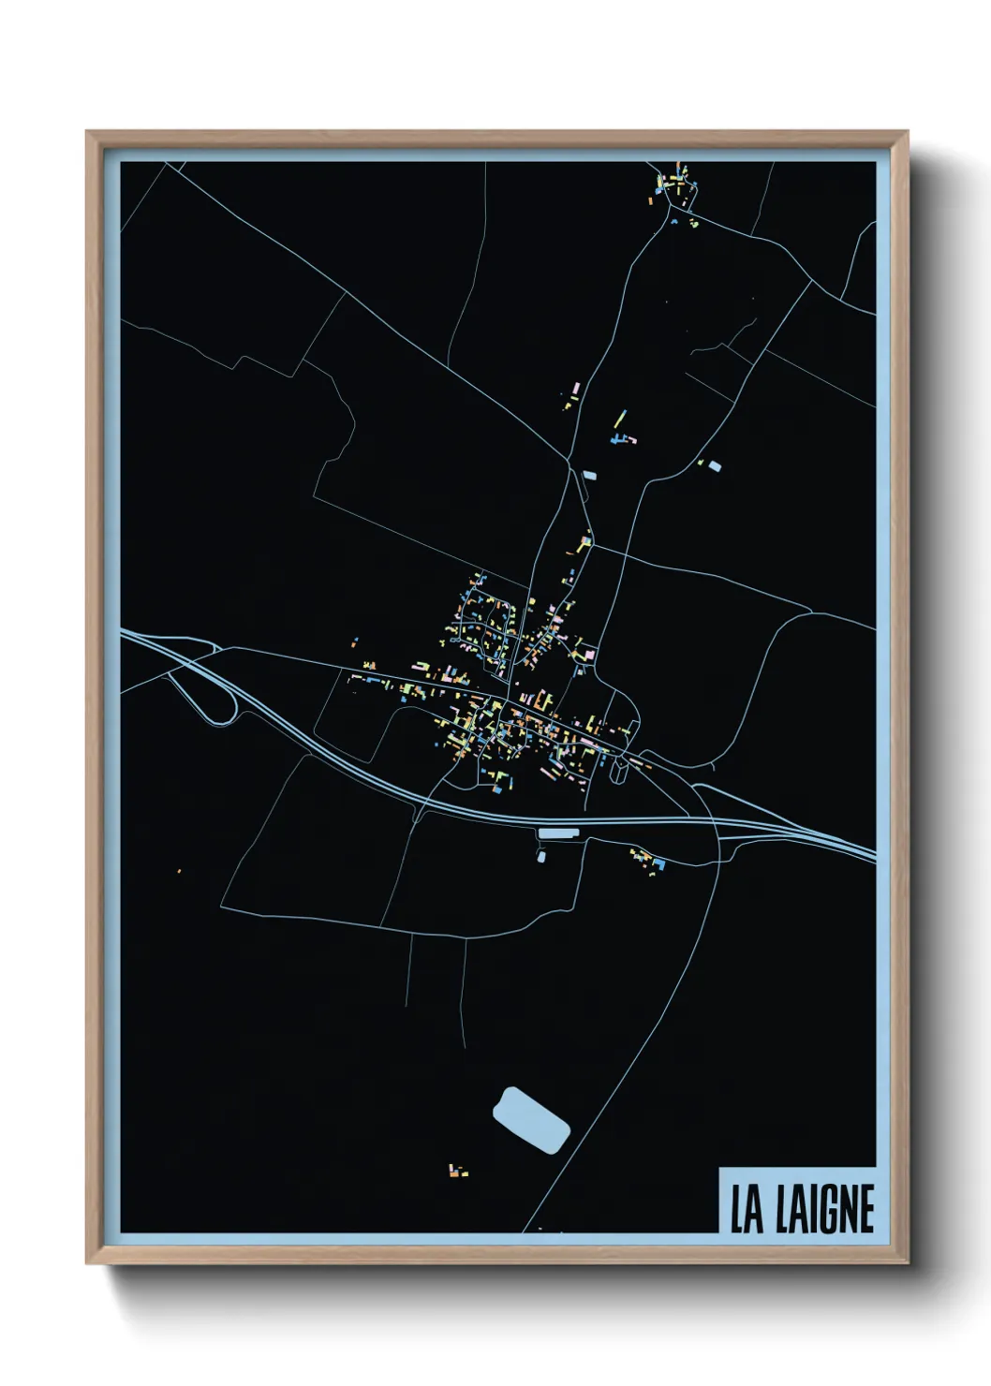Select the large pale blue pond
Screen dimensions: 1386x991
click(x=531, y=1119)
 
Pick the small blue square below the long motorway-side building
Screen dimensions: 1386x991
click(x=541, y=856)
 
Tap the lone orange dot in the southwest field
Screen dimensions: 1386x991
click(x=180, y=872)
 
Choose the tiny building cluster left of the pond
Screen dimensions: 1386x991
click(x=457, y=1170)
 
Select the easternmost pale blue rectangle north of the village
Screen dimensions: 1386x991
click(x=715, y=464)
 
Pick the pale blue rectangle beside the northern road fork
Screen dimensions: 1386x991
click(x=589, y=475)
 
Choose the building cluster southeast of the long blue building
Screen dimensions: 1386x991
click(x=647, y=860)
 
